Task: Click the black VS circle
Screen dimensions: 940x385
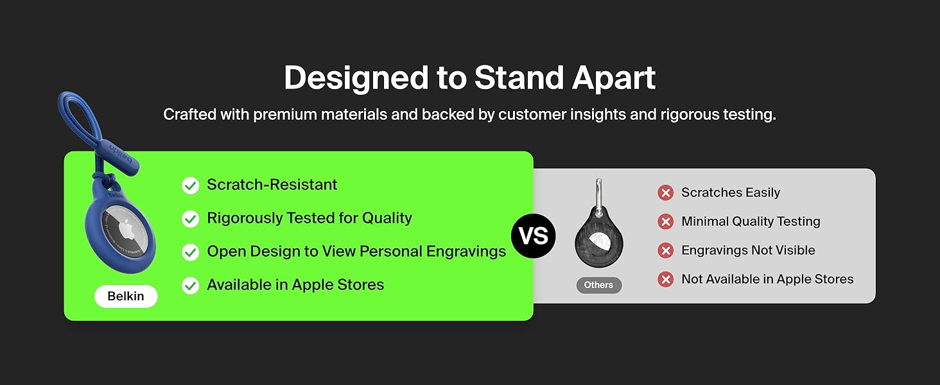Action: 534,235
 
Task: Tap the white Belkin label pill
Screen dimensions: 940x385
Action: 126,296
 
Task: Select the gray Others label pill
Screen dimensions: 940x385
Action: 599,285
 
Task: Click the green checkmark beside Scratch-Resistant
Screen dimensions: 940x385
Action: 191,185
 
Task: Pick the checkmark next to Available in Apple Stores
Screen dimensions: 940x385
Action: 191,286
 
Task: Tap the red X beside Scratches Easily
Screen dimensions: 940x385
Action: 666,193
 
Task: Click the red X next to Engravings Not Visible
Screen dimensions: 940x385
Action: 666,251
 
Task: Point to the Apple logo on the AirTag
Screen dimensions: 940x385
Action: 126,230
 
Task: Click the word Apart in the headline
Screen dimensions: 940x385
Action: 614,78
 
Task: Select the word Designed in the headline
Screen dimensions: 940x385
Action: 356,78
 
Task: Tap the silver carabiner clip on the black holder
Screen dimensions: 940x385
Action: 598,196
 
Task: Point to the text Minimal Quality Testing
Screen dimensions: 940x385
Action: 751,221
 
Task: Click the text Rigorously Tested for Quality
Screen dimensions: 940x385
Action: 309,218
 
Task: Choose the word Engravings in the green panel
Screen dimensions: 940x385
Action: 466,252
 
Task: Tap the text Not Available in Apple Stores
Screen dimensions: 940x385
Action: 767,279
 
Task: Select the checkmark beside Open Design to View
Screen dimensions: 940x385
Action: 191,252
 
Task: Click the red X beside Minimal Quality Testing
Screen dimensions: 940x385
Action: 666,221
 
